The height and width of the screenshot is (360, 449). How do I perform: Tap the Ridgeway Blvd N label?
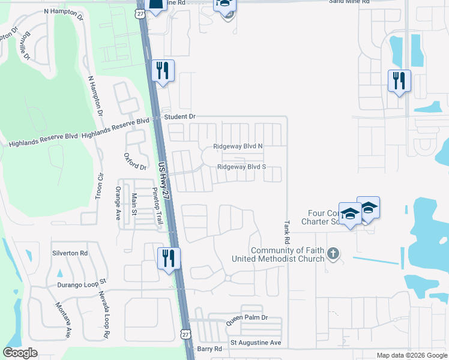tap(238, 146)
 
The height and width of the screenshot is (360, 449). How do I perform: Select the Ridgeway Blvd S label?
tap(241, 167)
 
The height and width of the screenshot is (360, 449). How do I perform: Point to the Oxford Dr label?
tap(135, 161)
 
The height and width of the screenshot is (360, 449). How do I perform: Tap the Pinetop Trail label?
tap(157, 206)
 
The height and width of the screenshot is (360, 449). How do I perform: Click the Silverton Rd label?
tap(70, 253)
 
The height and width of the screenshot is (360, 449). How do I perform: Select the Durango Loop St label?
tap(82, 282)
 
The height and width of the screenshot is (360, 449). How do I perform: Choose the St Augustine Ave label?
tap(256, 343)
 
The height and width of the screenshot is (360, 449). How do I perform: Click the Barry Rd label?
tap(209, 349)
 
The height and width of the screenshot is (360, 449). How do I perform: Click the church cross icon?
tap(334, 254)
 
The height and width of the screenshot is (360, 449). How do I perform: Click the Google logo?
tap(20, 353)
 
